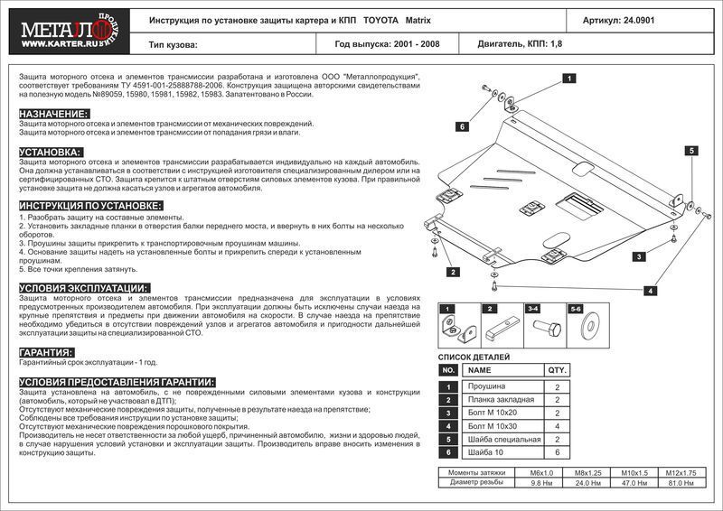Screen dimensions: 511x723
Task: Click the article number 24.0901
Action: [644, 19]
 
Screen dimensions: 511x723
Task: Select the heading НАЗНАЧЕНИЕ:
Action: [53, 114]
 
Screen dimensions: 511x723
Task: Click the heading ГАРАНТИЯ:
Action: [46, 352]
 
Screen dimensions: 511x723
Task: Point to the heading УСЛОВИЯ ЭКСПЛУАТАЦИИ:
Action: [84, 287]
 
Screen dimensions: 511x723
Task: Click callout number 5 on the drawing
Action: [689, 151]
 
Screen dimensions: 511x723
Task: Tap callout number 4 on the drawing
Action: [650, 290]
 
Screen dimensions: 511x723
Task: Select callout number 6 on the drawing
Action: [461, 127]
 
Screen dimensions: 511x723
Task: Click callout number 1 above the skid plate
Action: [569, 79]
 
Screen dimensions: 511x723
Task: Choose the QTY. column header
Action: [557, 370]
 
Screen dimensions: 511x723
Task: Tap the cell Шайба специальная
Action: [502, 439]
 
